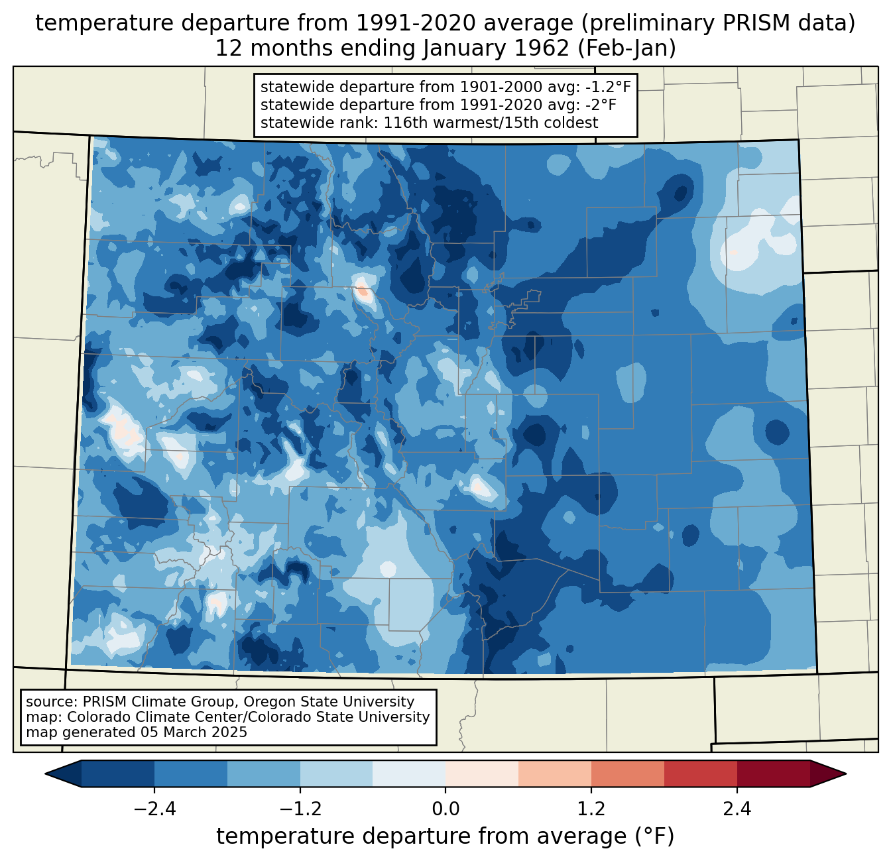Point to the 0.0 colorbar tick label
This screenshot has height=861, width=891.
click(445, 809)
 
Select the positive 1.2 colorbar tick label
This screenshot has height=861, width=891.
click(591, 809)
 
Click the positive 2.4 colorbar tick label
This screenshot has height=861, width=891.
click(737, 809)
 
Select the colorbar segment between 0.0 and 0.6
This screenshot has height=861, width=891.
click(482, 774)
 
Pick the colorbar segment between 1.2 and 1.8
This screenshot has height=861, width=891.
click(627, 774)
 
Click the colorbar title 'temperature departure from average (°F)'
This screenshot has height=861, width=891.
click(445, 836)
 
